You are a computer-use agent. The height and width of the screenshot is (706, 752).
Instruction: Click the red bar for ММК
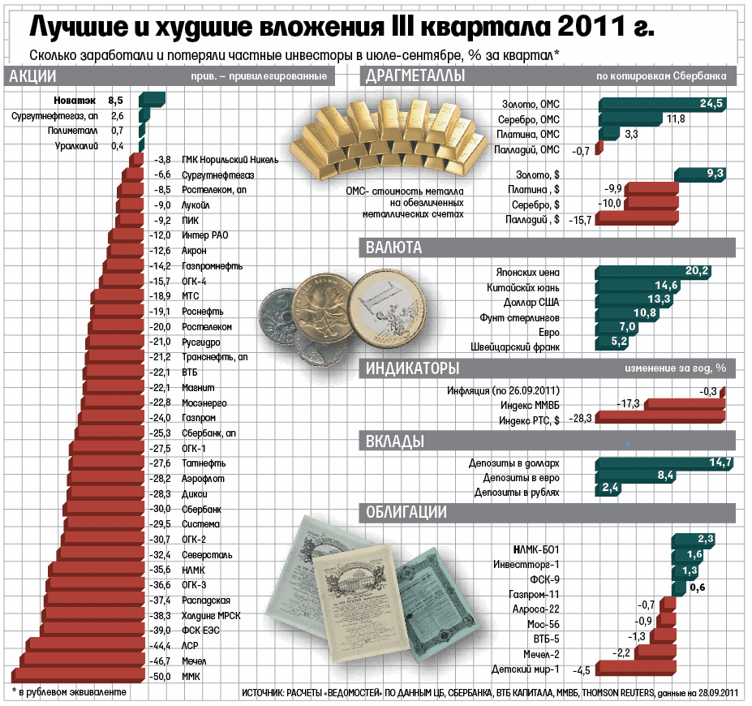click(81, 676)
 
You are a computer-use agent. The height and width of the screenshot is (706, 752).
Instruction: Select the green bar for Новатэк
click(153, 101)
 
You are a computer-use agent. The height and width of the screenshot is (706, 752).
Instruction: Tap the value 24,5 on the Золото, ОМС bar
click(711, 103)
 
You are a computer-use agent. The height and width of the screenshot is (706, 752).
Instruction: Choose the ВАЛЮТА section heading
click(393, 247)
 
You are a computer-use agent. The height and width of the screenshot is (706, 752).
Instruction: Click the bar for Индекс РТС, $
click(662, 419)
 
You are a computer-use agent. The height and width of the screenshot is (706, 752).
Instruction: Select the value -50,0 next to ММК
click(162, 677)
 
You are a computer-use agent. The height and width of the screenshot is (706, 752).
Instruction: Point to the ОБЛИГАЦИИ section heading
click(406, 512)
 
